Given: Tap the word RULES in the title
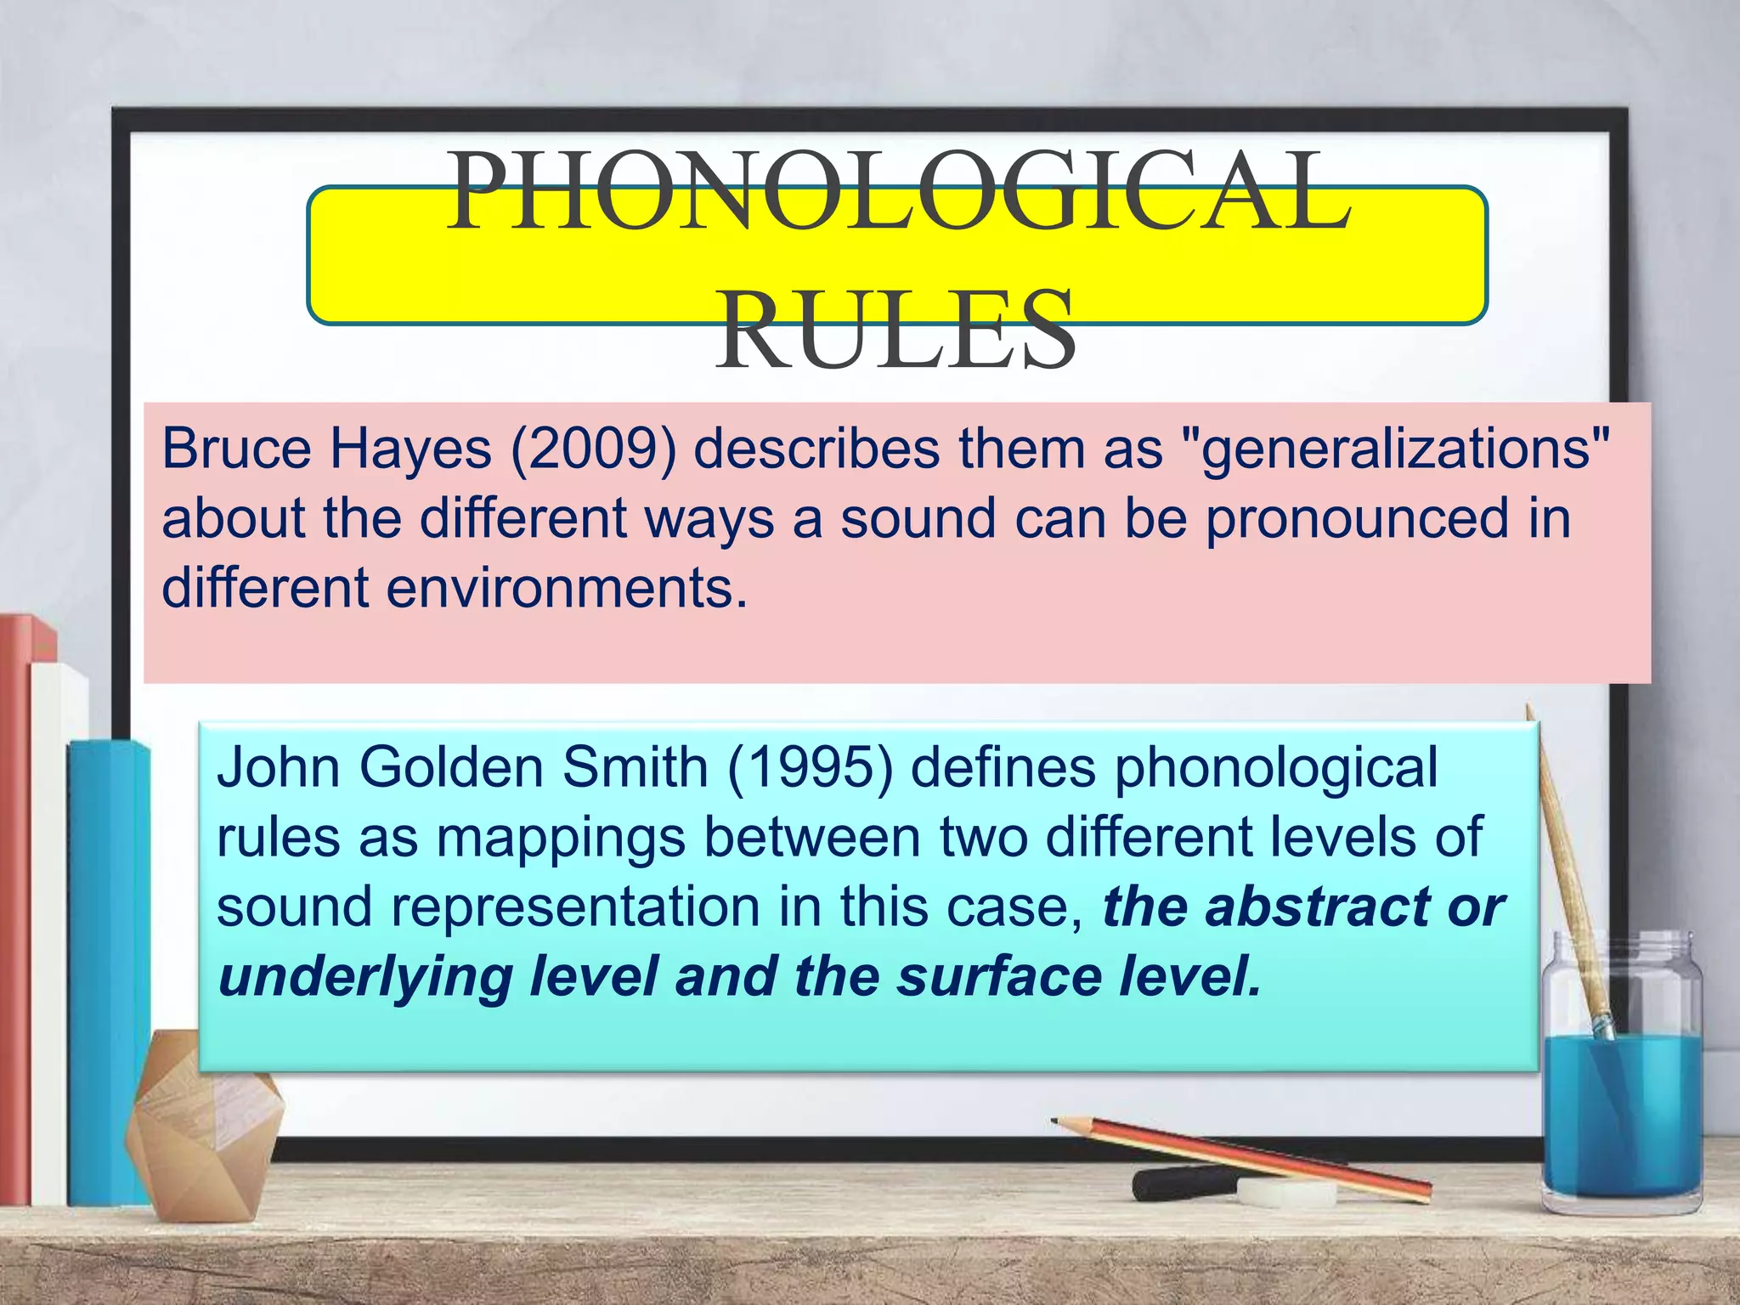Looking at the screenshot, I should tap(895, 331).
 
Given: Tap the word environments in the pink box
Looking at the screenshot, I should tap(566, 588).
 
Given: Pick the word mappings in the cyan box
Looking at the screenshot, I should tap(561, 838).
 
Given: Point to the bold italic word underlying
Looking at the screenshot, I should tap(365, 976).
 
